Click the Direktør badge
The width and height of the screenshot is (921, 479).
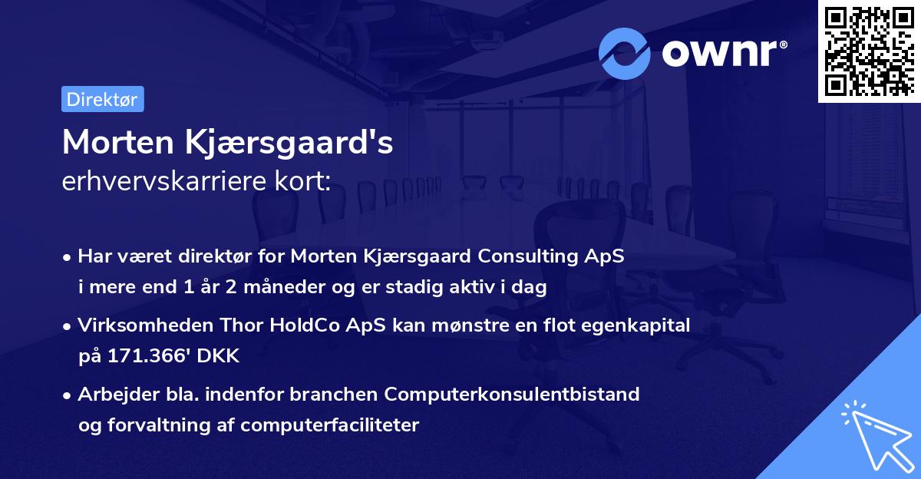point(101,99)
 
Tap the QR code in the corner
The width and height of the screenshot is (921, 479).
point(868,51)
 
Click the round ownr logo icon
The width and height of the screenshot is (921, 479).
point(625,53)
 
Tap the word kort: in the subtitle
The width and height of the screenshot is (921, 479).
point(305,182)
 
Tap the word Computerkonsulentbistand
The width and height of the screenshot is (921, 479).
point(513,395)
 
